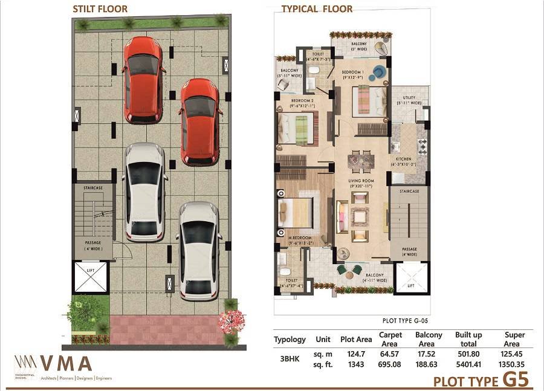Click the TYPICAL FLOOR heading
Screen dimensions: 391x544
(x=317, y=9)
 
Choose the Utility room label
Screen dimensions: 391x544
(x=409, y=100)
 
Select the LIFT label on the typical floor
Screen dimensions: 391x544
(x=410, y=286)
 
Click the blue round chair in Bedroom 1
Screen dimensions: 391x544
(x=378, y=72)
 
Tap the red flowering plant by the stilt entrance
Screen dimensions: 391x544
(x=231, y=320)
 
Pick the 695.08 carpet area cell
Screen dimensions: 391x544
(x=390, y=365)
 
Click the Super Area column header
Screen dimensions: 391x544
(x=514, y=339)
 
